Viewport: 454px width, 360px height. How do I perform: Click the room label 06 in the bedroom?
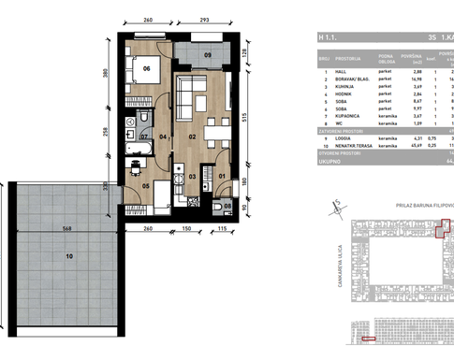pyautogui.click(x=146, y=69)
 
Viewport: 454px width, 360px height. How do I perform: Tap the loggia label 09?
pyautogui.click(x=208, y=55)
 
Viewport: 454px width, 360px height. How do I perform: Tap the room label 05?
pyautogui.click(x=145, y=186)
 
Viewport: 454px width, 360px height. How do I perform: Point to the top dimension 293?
pyautogui.click(x=207, y=21)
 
